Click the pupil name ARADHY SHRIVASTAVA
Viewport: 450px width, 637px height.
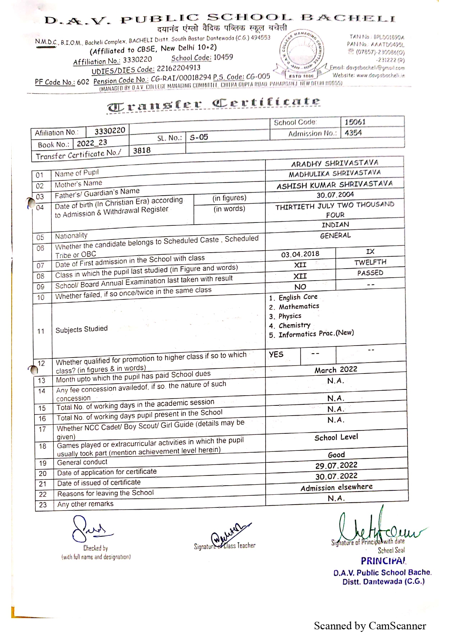click(335, 163)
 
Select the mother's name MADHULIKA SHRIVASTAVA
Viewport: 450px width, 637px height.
click(335, 173)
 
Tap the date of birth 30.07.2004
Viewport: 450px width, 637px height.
click(335, 195)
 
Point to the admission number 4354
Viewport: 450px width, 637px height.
click(353, 133)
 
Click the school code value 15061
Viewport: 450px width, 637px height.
click(355, 122)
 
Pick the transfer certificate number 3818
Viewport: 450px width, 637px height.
click(142, 150)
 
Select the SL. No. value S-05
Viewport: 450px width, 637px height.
click(199, 137)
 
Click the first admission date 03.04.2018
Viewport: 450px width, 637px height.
click(300, 254)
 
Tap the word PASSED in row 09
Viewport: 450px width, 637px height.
click(370, 273)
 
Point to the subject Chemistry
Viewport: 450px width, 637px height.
click(294, 325)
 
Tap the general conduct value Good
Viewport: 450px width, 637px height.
click(336, 455)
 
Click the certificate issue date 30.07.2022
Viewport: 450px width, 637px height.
click(336, 476)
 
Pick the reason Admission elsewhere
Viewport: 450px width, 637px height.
click(336, 487)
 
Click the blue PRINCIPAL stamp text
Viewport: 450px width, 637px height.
click(383, 561)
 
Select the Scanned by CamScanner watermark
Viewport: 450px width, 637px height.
click(370, 626)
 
